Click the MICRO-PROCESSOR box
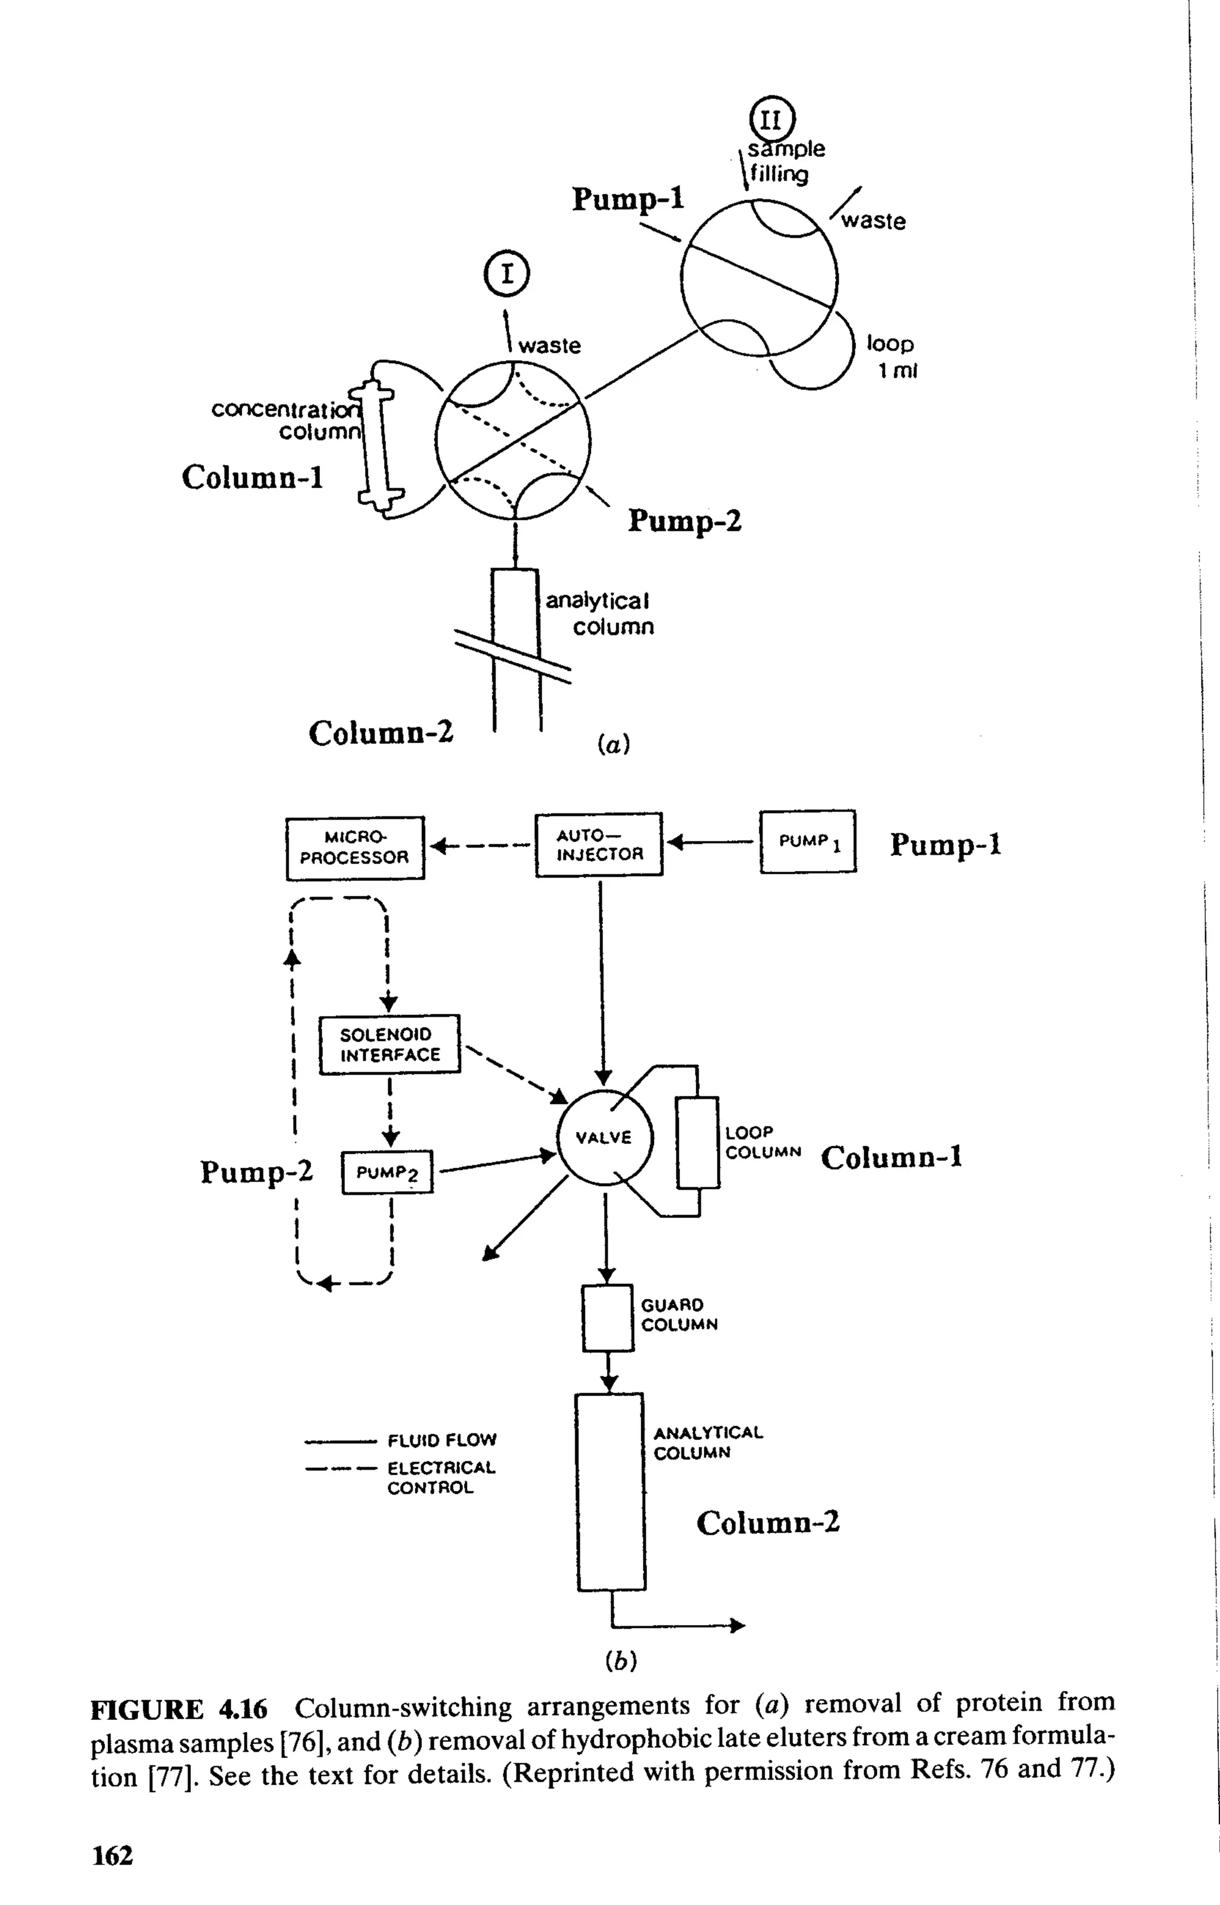355,848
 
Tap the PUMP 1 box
807,841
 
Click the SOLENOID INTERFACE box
389,1045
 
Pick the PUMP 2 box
387,1172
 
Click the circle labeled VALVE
605,1138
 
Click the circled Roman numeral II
771,120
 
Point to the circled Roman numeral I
506,274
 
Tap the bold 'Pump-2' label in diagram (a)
684,521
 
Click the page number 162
113,1855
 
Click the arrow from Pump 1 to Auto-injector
710,843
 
